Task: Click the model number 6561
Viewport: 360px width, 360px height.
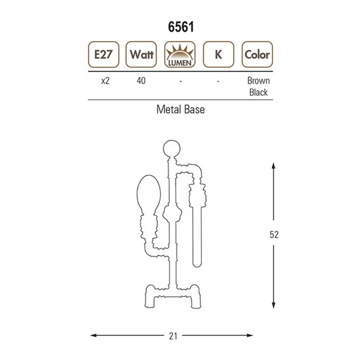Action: click(181, 27)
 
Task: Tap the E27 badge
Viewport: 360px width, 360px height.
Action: click(103, 54)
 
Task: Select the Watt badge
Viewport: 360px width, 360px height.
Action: click(141, 54)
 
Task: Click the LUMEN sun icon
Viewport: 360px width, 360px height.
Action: click(180, 54)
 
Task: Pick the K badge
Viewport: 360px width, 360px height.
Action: click(219, 54)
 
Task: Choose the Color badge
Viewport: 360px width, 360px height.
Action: click(257, 54)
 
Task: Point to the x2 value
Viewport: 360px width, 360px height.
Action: click(105, 81)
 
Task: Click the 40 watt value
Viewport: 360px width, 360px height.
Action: click(141, 81)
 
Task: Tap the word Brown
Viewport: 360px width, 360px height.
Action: click(258, 81)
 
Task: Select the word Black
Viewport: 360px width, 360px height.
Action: click(258, 92)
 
